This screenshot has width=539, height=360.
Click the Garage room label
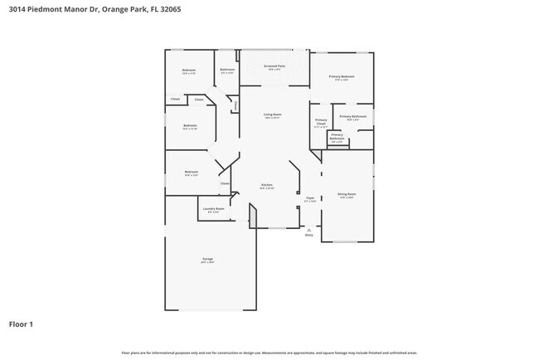tap(207, 259)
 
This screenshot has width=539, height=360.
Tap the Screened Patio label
tap(274, 66)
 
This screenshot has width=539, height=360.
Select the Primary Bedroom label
tap(342, 76)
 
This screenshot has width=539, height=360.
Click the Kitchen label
tap(267, 185)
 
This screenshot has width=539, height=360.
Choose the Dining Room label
tap(346, 194)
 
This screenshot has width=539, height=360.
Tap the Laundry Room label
tap(214, 209)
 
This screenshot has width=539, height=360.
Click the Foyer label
tap(310, 198)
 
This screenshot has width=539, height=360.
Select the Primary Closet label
tap(321, 122)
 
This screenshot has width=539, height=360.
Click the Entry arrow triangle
tap(309, 229)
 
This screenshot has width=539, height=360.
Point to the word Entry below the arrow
tap(309, 236)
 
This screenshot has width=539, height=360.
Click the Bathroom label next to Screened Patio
tap(226, 70)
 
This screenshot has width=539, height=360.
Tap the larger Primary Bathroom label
tap(352, 117)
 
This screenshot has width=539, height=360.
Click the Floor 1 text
tap(21, 324)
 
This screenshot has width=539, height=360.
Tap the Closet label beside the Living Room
tap(236, 105)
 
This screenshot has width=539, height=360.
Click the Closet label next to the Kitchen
tap(224, 183)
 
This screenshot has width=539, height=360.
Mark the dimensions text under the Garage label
tap(207, 262)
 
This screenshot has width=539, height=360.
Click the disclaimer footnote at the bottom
tap(269, 353)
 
